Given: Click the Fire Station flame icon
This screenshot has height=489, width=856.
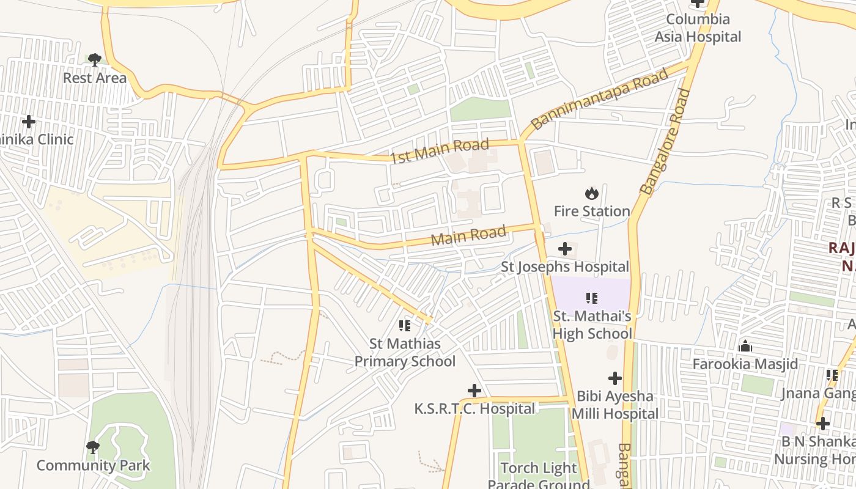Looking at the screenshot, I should click(591, 194).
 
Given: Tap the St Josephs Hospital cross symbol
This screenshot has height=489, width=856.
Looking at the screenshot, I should click(565, 249).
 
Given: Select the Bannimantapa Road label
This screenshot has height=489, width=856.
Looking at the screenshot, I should click(599, 99).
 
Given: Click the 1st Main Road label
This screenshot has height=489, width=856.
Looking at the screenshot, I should click(440, 150).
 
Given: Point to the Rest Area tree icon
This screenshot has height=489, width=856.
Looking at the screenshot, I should click(94, 60).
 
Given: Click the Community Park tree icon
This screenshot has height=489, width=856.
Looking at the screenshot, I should click(93, 447).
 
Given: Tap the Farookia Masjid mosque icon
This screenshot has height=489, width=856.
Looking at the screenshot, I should click(745, 347).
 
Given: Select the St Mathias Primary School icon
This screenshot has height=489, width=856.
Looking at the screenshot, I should click(404, 326).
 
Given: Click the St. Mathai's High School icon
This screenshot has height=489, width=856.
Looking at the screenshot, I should click(591, 298).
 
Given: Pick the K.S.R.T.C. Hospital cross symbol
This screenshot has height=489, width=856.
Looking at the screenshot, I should click(474, 391).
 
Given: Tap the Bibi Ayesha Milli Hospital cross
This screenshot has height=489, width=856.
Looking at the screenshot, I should click(615, 378).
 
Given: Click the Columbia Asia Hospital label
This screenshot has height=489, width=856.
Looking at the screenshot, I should click(698, 28).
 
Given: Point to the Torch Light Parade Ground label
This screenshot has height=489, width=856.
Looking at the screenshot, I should click(539, 476).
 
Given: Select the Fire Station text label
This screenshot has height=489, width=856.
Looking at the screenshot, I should click(591, 211).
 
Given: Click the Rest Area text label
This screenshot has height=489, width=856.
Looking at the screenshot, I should click(95, 78).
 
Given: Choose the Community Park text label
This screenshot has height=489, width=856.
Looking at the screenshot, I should click(93, 466).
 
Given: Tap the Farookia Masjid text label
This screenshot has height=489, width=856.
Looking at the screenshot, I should click(745, 364).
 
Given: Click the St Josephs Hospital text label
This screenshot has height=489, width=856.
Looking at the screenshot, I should click(565, 267).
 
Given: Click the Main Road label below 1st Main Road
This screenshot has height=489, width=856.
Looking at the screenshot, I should click(468, 235).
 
